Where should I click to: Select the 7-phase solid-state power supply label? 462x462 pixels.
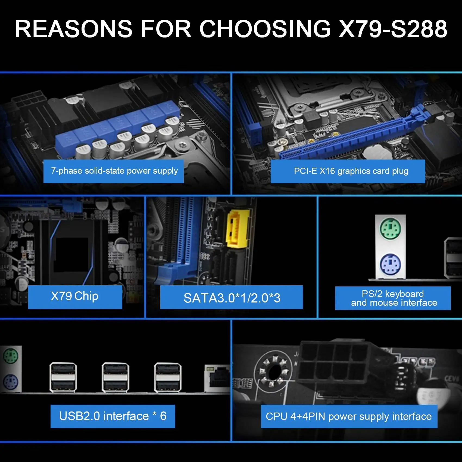[x=114, y=171]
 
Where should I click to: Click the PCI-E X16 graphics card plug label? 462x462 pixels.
[x=348, y=171]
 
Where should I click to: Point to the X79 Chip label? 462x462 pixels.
[x=75, y=296]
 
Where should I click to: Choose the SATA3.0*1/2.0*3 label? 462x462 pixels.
[x=232, y=298]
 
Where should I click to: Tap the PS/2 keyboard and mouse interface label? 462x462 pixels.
[x=393, y=298]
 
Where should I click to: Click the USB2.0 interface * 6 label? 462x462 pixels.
[x=113, y=416]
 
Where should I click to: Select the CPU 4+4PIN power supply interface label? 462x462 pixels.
[x=349, y=416]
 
